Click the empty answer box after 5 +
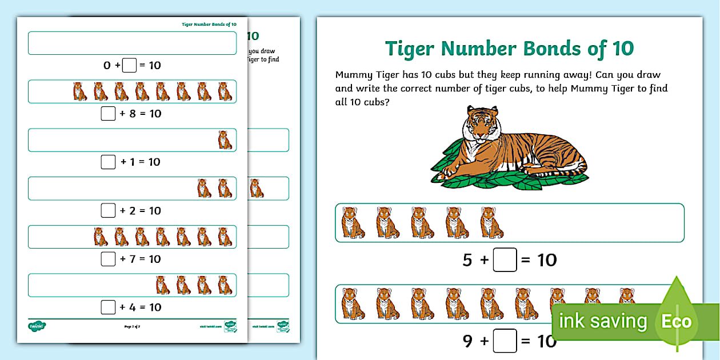click(x=505, y=260)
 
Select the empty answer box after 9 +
click(x=505, y=341)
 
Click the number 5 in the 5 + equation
click(x=467, y=260)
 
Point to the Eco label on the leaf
click(x=677, y=321)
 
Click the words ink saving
click(x=603, y=321)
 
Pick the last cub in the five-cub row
click(x=491, y=222)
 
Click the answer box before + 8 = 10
click(x=108, y=114)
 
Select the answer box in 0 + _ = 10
click(x=130, y=65)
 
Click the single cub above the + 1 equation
click(x=225, y=140)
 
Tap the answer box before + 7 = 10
click(x=108, y=259)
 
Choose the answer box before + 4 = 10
click(x=108, y=307)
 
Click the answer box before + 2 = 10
click(x=108, y=210)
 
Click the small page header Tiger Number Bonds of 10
click(x=209, y=25)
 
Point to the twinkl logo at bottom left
click(x=37, y=326)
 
